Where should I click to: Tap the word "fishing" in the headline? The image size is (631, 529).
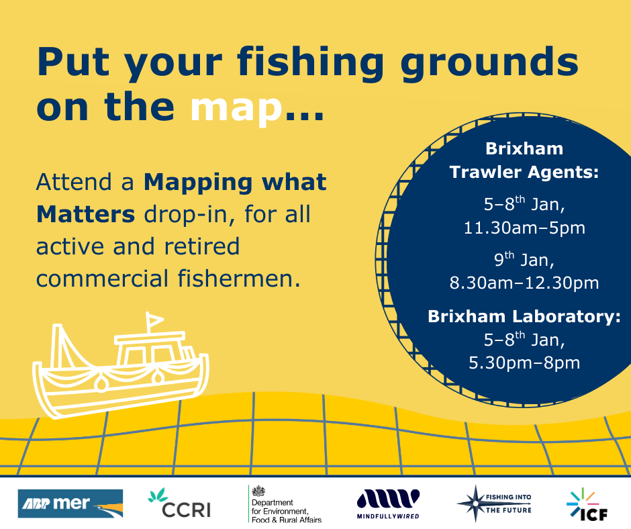(310, 63)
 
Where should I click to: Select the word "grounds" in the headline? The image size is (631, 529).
(489, 63)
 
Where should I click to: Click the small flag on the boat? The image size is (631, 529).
(154, 320)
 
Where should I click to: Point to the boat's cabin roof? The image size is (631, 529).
(149, 338)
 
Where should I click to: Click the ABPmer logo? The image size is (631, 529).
(70, 503)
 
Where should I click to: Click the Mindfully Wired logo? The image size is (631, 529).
(388, 503)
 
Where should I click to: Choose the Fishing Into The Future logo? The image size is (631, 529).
(494, 503)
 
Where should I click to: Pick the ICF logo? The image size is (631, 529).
(587, 504)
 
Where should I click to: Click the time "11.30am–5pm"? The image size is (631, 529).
(524, 228)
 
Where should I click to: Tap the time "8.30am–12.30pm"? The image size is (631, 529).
(524, 283)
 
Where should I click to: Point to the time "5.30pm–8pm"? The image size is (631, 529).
(524, 363)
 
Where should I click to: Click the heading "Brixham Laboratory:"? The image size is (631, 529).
(524, 316)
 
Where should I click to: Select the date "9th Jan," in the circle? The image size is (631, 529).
(524, 259)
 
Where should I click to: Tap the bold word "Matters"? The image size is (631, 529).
(86, 214)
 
